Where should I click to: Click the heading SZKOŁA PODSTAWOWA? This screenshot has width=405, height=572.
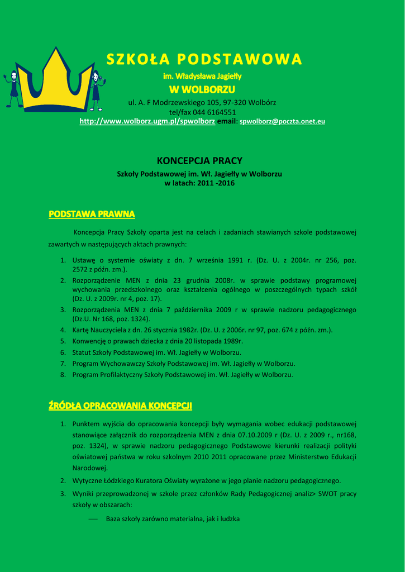[x=204, y=59]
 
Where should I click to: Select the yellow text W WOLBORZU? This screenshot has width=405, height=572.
[x=202, y=90]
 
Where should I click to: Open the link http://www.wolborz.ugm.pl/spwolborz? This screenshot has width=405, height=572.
[x=147, y=121]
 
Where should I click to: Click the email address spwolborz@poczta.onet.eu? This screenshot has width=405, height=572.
[x=282, y=121]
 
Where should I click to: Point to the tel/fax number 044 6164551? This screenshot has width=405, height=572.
[x=214, y=112]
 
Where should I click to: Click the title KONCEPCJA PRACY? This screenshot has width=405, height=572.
[x=199, y=161]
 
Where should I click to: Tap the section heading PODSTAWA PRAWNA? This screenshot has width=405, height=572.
[x=92, y=214]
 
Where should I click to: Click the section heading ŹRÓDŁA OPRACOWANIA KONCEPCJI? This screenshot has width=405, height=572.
[x=121, y=406]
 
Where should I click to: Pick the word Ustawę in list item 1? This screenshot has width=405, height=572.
[x=84, y=260]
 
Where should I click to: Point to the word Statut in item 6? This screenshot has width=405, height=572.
[x=82, y=352]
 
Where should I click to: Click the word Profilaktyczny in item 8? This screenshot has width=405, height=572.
[x=121, y=375]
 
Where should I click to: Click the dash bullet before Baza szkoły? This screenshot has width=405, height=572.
[x=93, y=519]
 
